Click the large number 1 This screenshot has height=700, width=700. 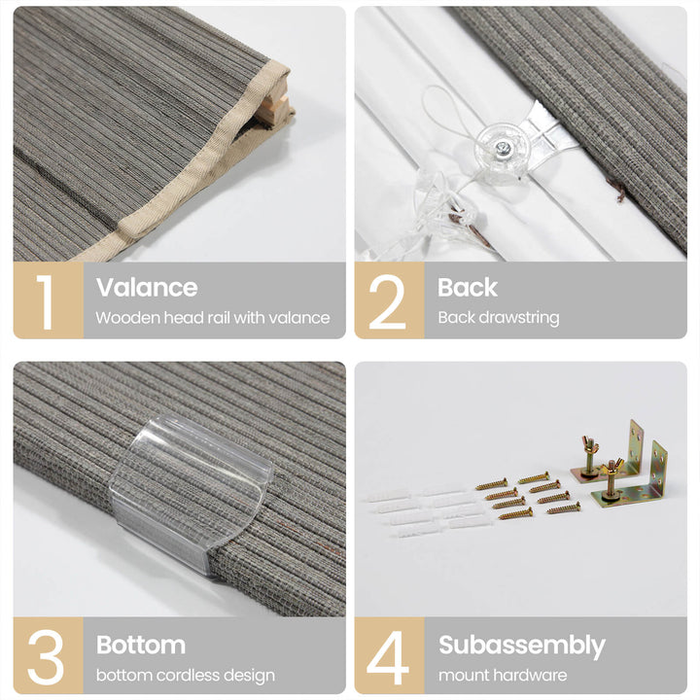(x=45, y=301)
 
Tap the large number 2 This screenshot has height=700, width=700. (x=387, y=301)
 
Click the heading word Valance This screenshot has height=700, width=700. (x=147, y=287)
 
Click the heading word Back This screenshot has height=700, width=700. (x=467, y=287)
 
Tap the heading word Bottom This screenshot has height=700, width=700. (x=141, y=645)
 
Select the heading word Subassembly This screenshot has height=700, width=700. (x=522, y=646)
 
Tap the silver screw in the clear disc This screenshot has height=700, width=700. (x=504, y=146)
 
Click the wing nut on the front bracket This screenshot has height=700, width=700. (x=612, y=468)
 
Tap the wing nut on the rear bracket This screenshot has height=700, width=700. (x=590, y=444)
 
